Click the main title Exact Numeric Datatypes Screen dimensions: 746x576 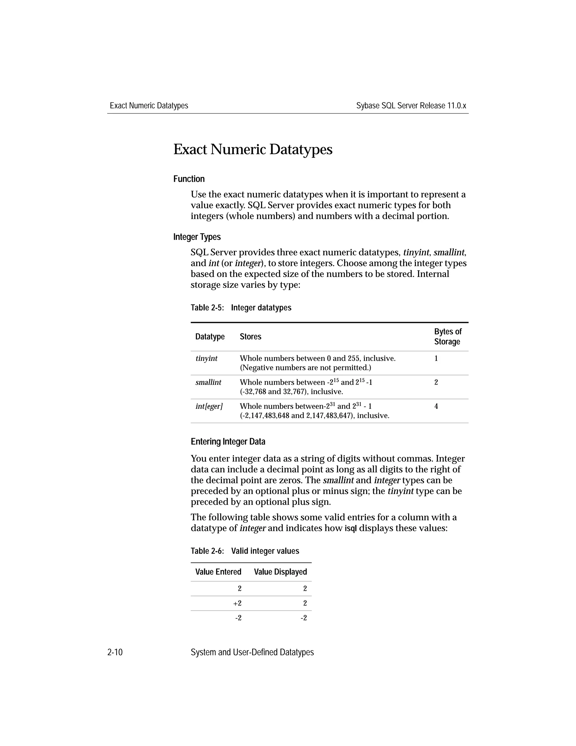point(253,149)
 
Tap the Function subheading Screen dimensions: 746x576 point(189,179)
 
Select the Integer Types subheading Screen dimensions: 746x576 point(197,237)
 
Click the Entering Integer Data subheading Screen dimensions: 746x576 point(228,442)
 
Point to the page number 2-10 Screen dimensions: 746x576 point(115,653)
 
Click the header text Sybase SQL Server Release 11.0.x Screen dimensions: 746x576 point(411,106)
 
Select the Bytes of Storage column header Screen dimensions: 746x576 point(447,336)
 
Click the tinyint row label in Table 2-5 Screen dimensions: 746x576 point(206,358)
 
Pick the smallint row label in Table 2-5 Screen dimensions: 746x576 point(208,382)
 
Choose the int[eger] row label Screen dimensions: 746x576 point(209,406)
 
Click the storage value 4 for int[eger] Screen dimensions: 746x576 point(436,406)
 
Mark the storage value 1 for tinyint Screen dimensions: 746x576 point(436,358)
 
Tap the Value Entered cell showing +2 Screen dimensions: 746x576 point(237,604)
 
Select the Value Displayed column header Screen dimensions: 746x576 point(280,572)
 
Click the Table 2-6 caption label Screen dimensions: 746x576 point(207,551)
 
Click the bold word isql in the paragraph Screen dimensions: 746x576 point(350,528)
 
